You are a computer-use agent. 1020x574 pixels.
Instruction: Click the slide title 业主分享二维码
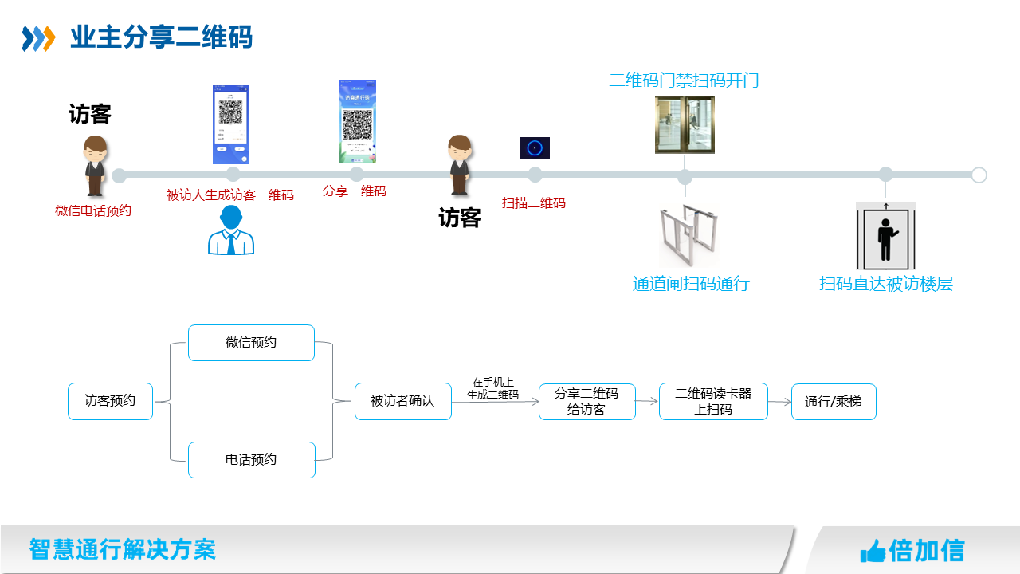click(x=161, y=37)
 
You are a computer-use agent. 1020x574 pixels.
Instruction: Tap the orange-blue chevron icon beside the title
click(x=38, y=37)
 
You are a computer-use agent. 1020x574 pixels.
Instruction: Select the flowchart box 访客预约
click(x=110, y=401)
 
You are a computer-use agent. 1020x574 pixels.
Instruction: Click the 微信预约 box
click(x=251, y=343)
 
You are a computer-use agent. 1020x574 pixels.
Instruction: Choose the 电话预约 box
click(x=251, y=460)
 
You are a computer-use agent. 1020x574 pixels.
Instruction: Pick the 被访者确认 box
click(x=402, y=401)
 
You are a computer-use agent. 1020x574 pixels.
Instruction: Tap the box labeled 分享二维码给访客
click(x=586, y=402)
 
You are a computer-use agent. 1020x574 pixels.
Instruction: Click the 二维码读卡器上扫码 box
click(x=713, y=402)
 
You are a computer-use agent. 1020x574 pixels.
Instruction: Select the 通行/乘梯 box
click(x=833, y=402)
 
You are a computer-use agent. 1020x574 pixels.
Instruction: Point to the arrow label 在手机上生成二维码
click(x=492, y=388)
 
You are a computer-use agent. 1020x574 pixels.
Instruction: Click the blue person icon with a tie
click(x=231, y=231)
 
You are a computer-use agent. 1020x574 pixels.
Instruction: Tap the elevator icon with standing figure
click(x=885, y=236)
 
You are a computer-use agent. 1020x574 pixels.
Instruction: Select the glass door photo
click(x=685, y=124)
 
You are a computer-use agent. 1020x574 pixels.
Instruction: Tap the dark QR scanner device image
click(x=535, y=148)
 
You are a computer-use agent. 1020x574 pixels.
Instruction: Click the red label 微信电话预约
click(x=93, y=211)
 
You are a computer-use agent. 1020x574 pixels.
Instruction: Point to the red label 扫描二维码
click(x=533, y=203)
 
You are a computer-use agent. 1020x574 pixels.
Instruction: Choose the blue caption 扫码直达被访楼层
click(x=885, y=284)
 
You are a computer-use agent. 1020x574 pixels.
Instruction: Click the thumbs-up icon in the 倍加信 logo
click(x=873, y=550)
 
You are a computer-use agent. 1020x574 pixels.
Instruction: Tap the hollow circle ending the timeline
click(x=979, y=175)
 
